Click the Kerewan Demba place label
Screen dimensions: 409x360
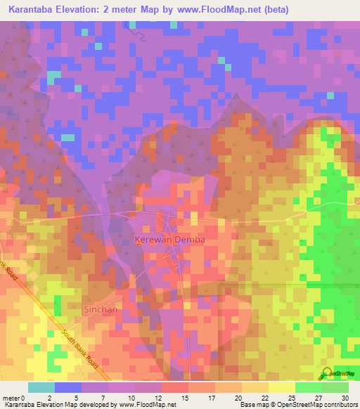point(169,240)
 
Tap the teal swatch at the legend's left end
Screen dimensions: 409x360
point(41,387)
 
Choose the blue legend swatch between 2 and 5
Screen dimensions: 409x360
point(68,387)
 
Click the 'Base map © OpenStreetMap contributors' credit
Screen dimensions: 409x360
point(298,405)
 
